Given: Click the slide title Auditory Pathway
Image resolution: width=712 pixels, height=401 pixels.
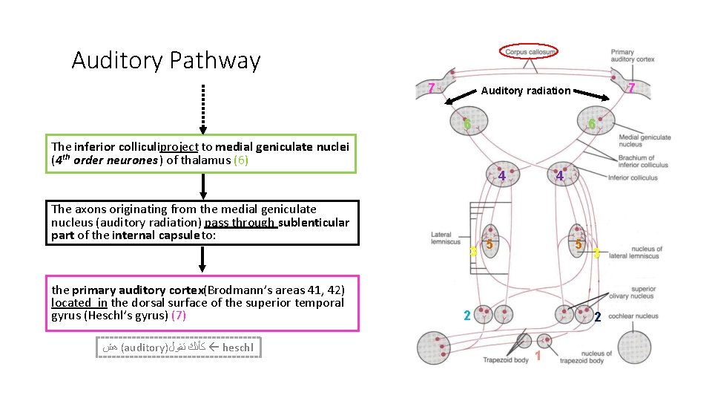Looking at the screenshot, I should tap(165, 60).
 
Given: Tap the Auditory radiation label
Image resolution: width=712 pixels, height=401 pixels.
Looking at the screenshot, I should tap(526, 91).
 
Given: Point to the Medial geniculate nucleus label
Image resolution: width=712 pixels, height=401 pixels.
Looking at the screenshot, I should tap(644, 141).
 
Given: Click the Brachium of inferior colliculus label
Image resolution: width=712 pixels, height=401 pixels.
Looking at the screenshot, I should tap(642, 161).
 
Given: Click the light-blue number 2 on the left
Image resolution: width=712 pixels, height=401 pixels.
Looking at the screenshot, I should tap(467, 316).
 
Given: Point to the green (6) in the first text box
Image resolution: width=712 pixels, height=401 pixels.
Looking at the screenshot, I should tap(241, 160).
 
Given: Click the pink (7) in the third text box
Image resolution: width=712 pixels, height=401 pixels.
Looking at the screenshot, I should tap(179, 315).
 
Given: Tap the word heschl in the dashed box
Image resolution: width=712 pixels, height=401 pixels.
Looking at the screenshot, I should tap(237, 347).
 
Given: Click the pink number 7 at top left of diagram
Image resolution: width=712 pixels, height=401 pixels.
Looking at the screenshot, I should tap(431, 88).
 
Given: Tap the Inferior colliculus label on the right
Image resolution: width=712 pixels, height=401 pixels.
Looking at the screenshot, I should tap(633, 178).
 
